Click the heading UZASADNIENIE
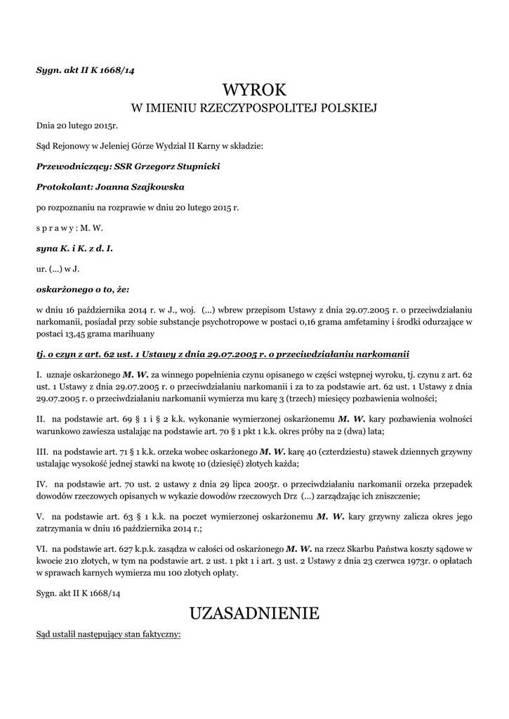(x=254, y=614)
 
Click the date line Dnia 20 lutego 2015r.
(x=77, y=126)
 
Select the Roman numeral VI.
(x=41, y=547)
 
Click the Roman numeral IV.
(x=41, y=484)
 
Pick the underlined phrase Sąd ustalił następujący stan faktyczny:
(x=109, y=635)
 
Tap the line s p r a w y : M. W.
(x=70, y=228)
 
